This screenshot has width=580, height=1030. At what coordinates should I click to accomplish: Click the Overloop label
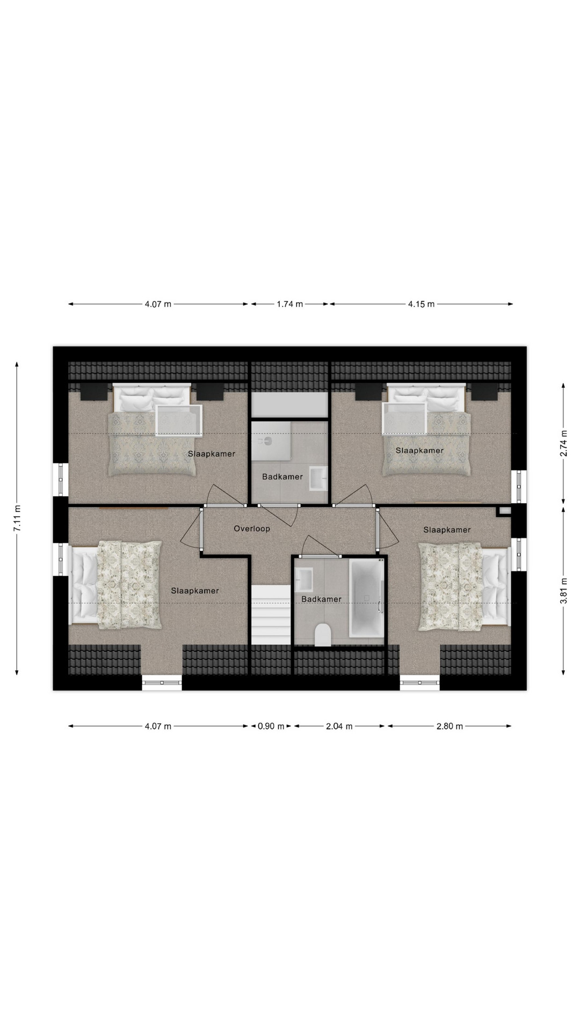click(x=252, y=528)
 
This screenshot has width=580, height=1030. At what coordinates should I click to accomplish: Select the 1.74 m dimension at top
click(x=290, y=304)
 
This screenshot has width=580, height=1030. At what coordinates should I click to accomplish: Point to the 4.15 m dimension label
click(x=421, y=304)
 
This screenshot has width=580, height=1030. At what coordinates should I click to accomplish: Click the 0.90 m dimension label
click(x=271, y=726)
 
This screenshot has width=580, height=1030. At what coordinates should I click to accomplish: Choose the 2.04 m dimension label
click(x=339, y=726)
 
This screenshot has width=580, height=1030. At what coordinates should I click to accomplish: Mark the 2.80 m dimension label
click(x=450, y=726)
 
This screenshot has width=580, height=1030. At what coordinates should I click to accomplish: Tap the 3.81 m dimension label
click(x=563, y=590)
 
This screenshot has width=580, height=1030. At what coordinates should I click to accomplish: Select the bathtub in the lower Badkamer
click(x=366, y=597)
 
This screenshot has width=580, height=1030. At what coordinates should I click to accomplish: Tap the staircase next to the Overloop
click(x=271, y=615)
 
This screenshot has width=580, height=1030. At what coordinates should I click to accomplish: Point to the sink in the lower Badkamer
click(x=304, y=578)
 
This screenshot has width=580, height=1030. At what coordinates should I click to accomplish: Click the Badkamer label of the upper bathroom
click(x=282, y=476)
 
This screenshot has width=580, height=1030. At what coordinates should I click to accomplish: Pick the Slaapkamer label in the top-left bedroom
click(x=212, y=454)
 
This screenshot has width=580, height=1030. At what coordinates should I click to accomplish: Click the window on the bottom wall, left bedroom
click(x=162, y=682)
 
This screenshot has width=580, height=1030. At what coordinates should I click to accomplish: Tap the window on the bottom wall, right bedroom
click(x=420, y=682)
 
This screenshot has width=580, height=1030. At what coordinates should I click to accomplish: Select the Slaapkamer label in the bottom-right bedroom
click(x=447, y=530)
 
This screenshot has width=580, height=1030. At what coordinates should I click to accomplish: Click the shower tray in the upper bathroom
click(x=272, y=441)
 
